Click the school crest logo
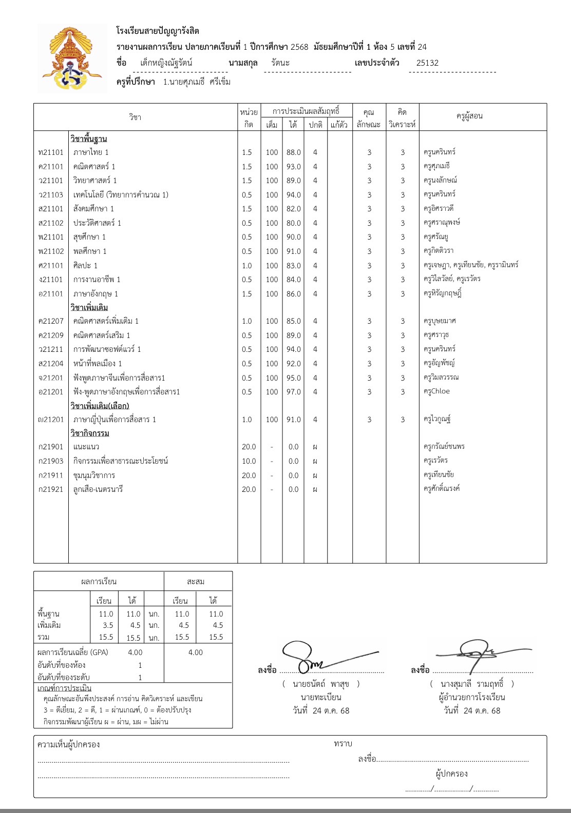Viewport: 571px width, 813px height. click(72, 58)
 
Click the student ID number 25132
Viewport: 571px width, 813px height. click(427, 63)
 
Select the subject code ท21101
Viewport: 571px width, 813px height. click(51, 152)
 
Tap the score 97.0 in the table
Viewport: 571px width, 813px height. click(293, 392)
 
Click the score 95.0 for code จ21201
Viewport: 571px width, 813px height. click(293, 378)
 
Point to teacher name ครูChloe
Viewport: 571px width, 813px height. click(436, 391)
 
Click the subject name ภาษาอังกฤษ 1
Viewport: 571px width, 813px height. click(96, 294)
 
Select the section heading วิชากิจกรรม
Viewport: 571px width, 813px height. click(90, 433)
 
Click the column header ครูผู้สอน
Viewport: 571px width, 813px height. click(469, 116)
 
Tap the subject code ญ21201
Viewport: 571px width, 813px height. click(51, 420)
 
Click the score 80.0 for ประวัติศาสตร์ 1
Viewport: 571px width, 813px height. click(293, 223)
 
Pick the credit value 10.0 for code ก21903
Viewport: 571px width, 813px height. click(249, 461)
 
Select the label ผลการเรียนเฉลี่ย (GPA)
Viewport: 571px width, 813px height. click(73, 652)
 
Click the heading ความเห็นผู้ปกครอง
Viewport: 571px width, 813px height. click(69, 744)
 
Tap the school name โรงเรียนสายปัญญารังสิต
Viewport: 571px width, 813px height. click(158, 31)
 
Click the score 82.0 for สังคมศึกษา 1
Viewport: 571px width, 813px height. click(293, 209)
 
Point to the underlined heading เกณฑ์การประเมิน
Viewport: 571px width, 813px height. click(64, 688)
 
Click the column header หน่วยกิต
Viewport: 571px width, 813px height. click(249, 117)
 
